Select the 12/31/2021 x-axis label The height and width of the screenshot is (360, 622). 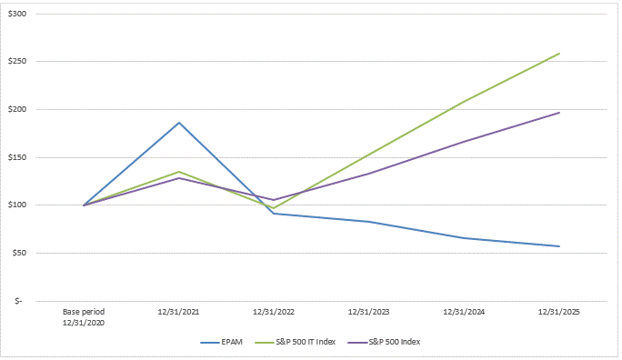click(x=179, y=312)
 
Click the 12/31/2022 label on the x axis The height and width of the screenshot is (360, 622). click(x=274, y=312)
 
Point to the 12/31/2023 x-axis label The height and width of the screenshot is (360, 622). click(x=369, y=312)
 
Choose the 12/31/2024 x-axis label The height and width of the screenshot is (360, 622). click(x=464, y=312)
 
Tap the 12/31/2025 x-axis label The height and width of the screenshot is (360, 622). click(x=558, y=312)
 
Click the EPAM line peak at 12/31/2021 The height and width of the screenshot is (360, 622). click(x=179, y=122)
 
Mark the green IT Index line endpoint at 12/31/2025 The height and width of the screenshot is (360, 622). click(x=558, y=54)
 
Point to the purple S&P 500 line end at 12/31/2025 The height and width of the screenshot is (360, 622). click(x=558, y=113)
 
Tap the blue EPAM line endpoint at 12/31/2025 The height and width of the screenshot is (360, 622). click(x=558, y=246)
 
